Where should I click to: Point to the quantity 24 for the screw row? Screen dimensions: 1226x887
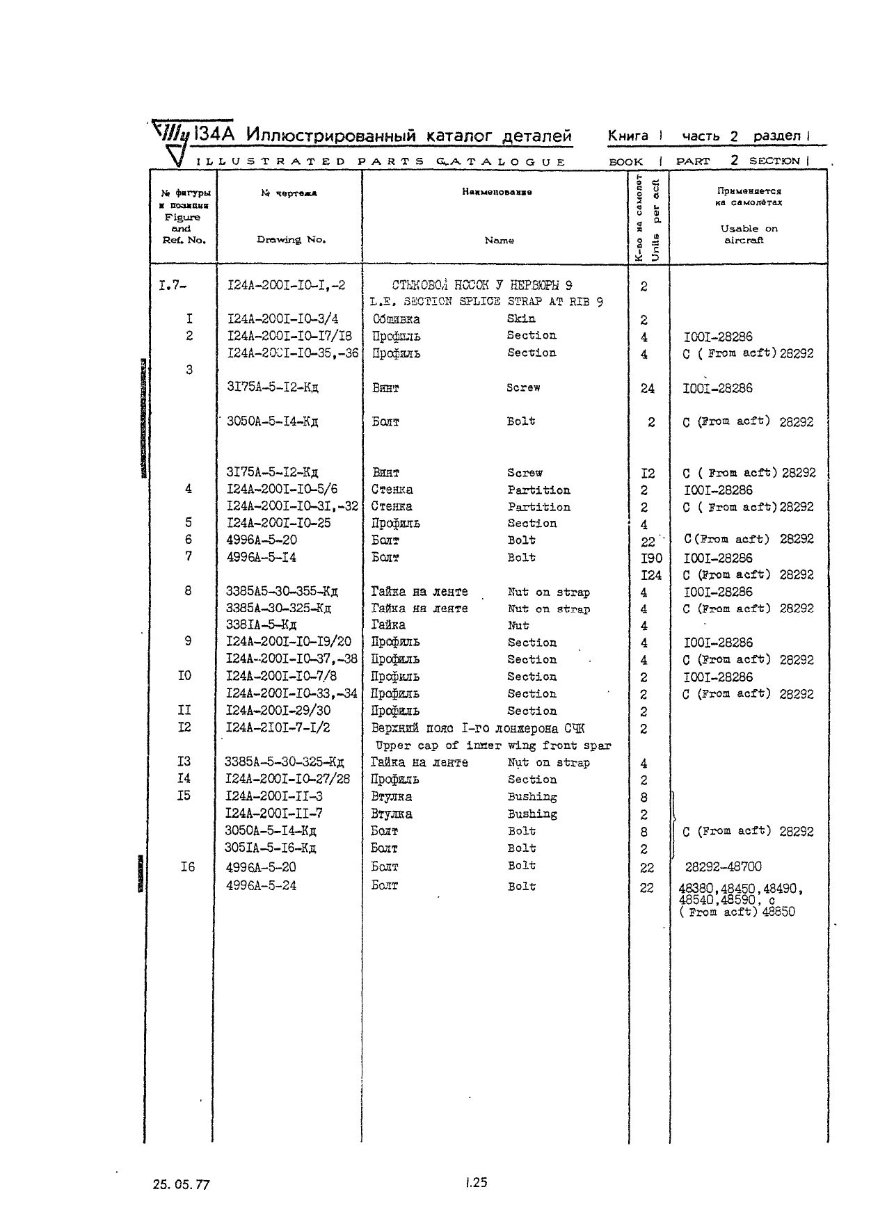[647, 388]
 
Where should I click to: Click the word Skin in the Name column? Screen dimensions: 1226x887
[521, 318]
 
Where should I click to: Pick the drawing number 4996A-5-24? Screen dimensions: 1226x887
[262, 886]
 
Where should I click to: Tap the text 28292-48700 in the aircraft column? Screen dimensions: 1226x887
[723, 866]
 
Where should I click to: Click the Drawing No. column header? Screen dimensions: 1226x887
[291, 239]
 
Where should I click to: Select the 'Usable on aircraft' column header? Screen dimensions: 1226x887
[748, 234]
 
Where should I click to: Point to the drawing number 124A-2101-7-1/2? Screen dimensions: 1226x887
[278, 727]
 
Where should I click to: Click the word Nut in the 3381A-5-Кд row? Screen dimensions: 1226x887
[518, 625]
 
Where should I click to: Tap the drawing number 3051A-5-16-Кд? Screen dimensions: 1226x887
[271, 848]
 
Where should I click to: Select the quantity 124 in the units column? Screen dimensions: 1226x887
[651, 575]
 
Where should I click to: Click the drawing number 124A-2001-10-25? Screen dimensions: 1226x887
[279, 523]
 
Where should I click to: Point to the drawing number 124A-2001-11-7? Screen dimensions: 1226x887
[274, 814]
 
